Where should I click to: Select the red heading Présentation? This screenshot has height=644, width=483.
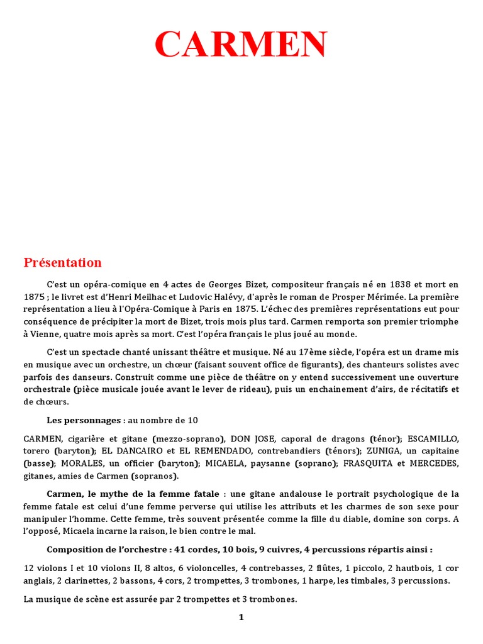[62, 262]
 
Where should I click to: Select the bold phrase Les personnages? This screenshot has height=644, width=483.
[84, 420]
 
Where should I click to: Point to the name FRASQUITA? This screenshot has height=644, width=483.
[372, 464]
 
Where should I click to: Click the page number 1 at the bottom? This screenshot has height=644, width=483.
[241, 617]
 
